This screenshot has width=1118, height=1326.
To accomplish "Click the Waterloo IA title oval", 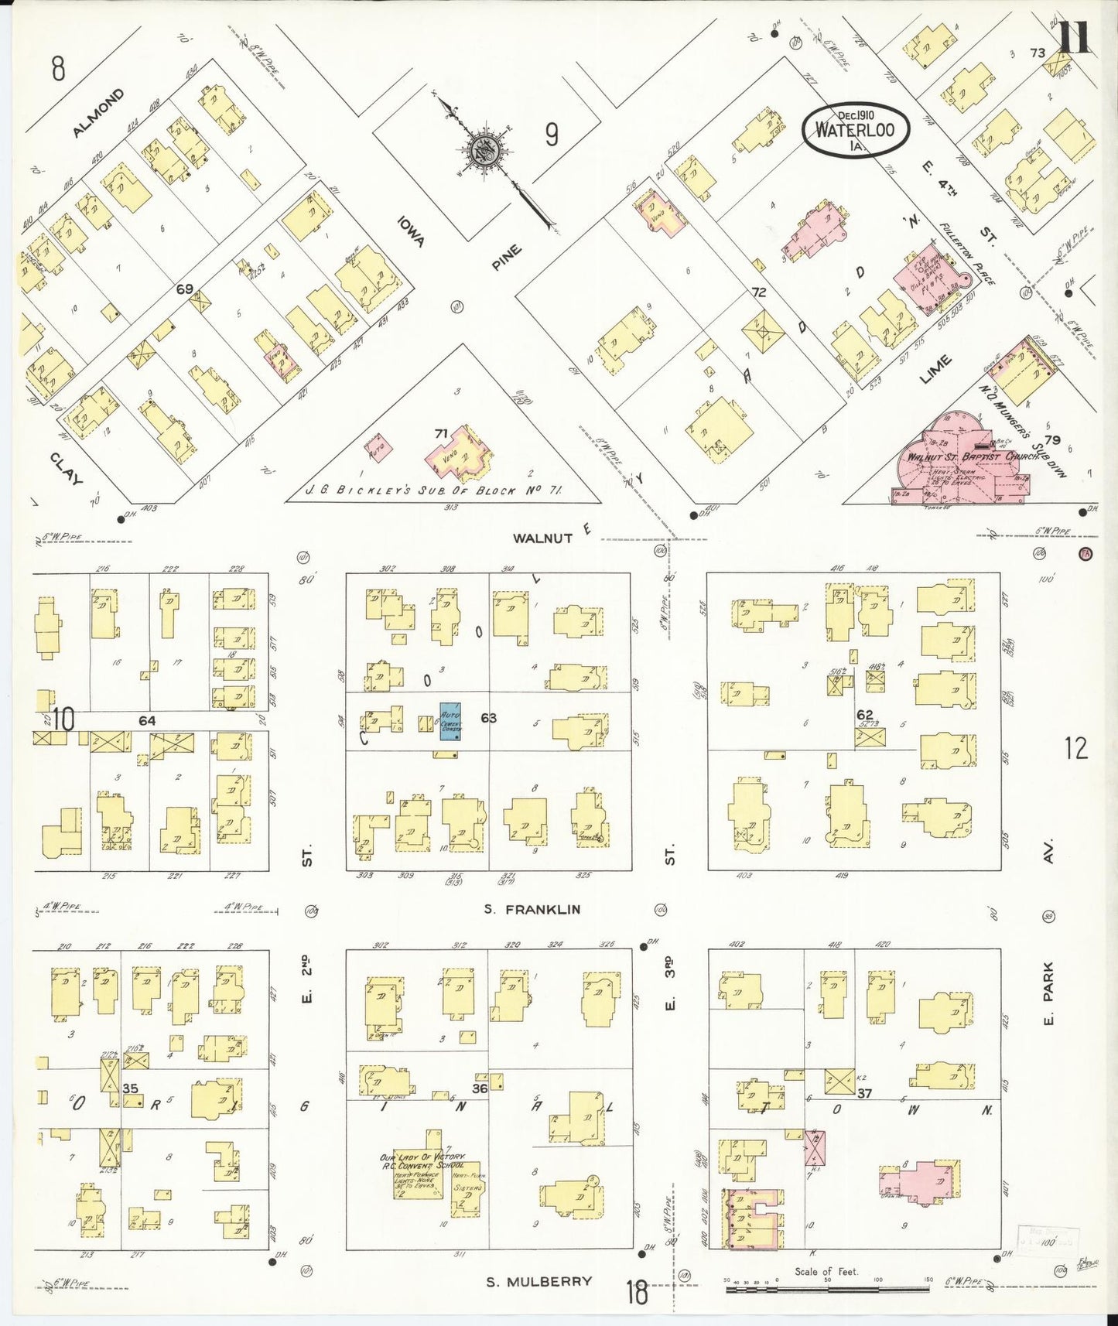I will tap(854, 129).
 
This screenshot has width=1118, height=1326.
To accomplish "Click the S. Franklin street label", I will tap(532, 910).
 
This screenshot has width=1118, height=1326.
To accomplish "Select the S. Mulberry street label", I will tap(538, 1282).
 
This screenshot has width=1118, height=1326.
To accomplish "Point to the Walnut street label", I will tap(542, 538).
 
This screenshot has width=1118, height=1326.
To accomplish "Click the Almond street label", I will tap(97, 114).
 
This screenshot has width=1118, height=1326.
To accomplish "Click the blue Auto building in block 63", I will tap(450, 721).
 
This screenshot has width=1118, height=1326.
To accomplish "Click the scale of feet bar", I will tap(828, 1289).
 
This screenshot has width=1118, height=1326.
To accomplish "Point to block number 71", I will tap(441, 434).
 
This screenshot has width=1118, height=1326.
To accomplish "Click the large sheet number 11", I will tap(1074, 37).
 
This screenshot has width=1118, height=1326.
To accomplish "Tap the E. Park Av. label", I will tap(1048, 994).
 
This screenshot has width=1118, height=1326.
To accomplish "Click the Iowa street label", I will tap(410, 231).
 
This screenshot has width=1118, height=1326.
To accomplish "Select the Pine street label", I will tap(507, 258).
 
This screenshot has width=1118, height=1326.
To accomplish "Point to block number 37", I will tap(864, 1093).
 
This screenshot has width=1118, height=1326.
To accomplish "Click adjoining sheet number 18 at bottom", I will tap(637, 1293).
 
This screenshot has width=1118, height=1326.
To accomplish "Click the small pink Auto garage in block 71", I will tap(379, 450).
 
